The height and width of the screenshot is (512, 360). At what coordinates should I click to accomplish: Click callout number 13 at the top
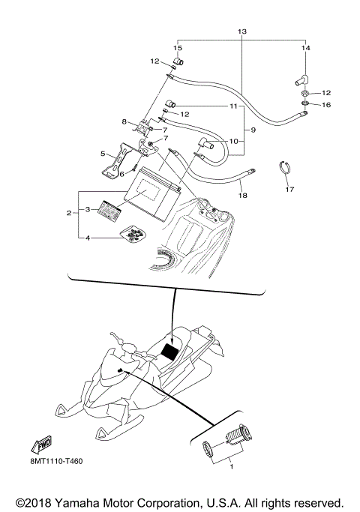(241, 31)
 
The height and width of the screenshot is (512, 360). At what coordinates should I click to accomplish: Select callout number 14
(305, 48)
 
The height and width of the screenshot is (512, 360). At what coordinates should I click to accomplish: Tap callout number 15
(178, 48)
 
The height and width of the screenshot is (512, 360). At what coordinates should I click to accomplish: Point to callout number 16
(325, 105)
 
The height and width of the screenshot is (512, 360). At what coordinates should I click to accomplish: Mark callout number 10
(233, 140)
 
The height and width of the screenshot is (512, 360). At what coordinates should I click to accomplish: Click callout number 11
(233, 106)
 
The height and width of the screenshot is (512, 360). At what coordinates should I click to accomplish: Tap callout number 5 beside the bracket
(103, 154)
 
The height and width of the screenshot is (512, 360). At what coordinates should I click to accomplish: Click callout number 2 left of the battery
(70, 213)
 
